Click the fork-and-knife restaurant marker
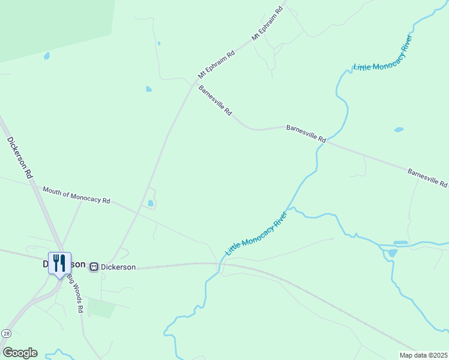pyautogui.click(x=59, y=263)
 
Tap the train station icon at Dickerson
pyautogui.click(x=94, y=266)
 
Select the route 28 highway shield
pyautogui.click(x=6, y=333)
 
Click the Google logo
pyautogui.click(x=20, y=353)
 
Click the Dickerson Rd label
pyautogui.click(x=20, y=158)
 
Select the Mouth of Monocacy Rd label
pyautogui.click(x=76, y=194)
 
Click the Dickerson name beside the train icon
pyautogui.click(x=118, y=267)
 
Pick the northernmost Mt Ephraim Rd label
pyautogui.click(x=267, y=24)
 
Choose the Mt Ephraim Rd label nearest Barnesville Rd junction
pyautogui.click(x=216, y=65)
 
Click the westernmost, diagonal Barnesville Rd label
pyautogui.click(x=215, y=100)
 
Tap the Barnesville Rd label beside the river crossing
pyautogui.click(x=306, y=133)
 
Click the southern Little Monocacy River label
pyautogui.click(x=257, y=231)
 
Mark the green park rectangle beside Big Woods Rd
pyautogui.click(x=101, y=308)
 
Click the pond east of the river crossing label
pyautogui.click(x=399, y=129)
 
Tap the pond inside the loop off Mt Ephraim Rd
pyautogui.click(x=150, y=203)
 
